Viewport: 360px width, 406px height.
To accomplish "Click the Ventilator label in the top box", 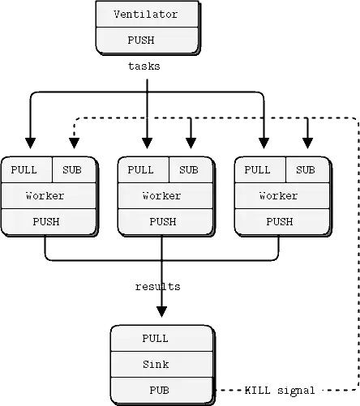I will pyautogui.click(x=145, y=15).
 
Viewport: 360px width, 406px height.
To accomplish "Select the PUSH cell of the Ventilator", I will pyautogui.click(x=145, y=40).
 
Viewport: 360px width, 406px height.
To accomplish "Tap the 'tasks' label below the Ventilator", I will pyautogui.click(x=145, y=66).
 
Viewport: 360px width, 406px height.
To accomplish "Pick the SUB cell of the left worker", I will pyautogui.click(x=72, y=170).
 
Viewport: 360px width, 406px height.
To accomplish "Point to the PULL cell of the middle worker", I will pyautogui.click(x=141, y=170).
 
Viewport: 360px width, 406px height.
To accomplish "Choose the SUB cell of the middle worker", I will pyautogui.click(x=189, y=170).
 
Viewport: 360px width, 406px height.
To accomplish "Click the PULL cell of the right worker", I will pyautogui.click(x=258, y=170).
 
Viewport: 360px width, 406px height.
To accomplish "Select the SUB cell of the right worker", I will pyautogui.click(x=306, y=170).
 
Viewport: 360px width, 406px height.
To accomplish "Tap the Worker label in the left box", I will pyautogui.click(x=45, y=195).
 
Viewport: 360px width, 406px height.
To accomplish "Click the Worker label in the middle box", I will pyautogui.click(x=162, y=195).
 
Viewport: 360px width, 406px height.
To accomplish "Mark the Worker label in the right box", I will pyautogui.click(x=279, y=195).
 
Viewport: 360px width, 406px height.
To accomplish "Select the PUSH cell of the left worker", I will pyautogui.click(x=45, y=221).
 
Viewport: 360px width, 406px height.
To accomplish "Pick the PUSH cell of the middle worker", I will pyautogui.click(x=162, y=221).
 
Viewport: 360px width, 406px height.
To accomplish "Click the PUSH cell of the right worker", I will pyautogui.click(x=279, y=221).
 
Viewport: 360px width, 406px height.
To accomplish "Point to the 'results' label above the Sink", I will pyautogui.click(x=157, y=286).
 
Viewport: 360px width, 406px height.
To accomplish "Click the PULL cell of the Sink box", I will pyautogui.click(x=161, y=339).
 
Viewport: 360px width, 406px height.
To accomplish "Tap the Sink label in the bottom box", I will pyautogui.click(x=161, y=364).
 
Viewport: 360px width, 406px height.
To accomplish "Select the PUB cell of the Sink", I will pyautogui.click(x=161, y=390).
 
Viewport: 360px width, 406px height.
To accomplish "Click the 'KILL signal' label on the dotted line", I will pyautogui.click(x=281, y=390).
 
